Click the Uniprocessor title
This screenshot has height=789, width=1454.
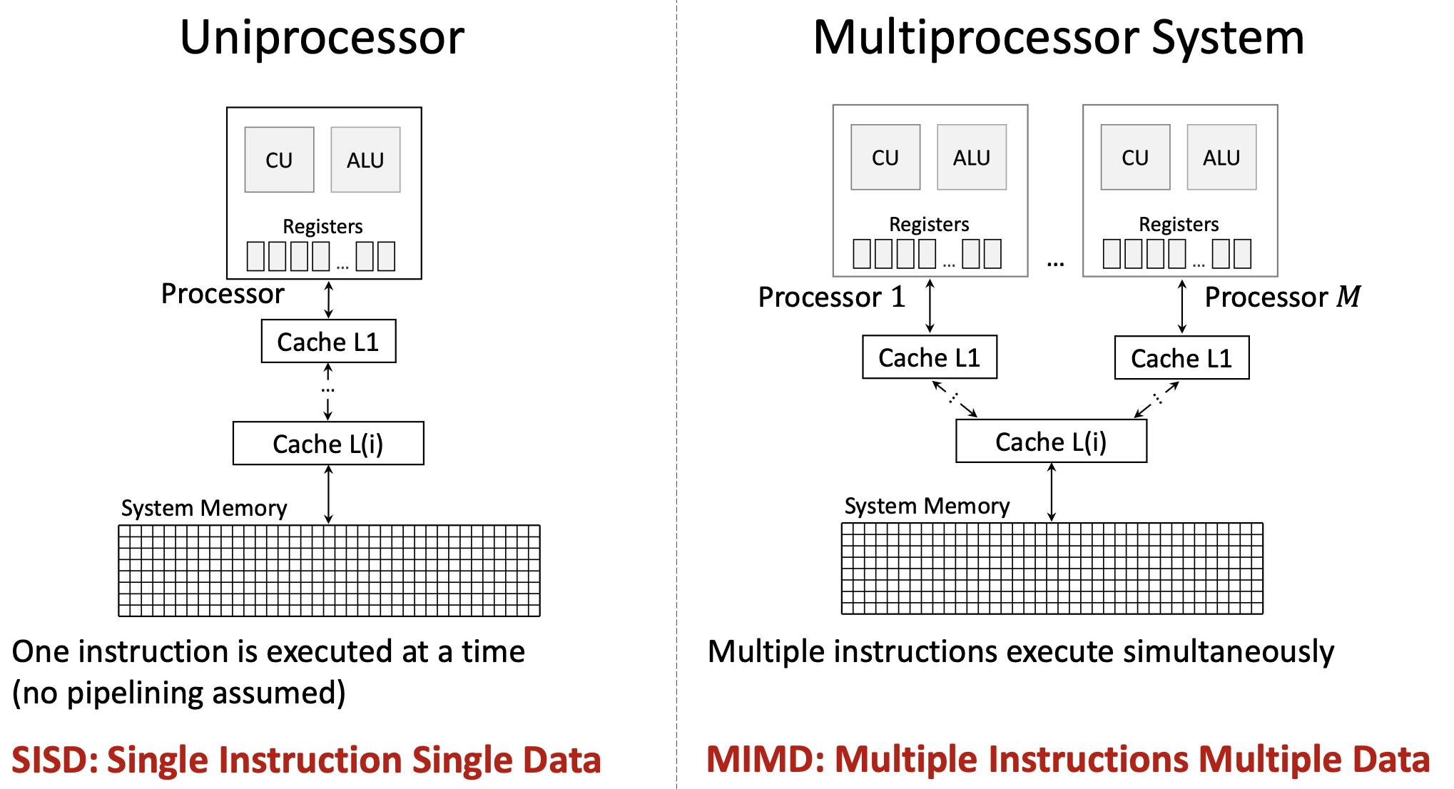322,38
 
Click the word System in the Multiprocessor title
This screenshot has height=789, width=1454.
1227,38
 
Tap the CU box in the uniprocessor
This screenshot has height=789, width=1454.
279,160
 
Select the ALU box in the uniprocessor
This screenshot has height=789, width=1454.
365,160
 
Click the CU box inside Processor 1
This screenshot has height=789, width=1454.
885,158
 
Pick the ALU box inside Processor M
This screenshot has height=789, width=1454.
1221,158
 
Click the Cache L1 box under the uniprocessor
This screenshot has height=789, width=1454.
328,342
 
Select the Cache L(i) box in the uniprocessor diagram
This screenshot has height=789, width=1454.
328,444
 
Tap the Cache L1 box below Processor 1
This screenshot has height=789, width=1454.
929,357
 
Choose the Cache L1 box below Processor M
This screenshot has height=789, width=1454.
1181,358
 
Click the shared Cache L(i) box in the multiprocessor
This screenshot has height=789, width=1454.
1051,442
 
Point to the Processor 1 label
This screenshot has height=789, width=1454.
831,297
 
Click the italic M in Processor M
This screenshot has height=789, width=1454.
1348,297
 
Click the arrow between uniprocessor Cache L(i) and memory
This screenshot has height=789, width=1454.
328,494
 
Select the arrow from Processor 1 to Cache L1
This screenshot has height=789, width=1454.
930,306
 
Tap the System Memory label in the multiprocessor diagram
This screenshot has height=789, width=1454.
927,506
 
